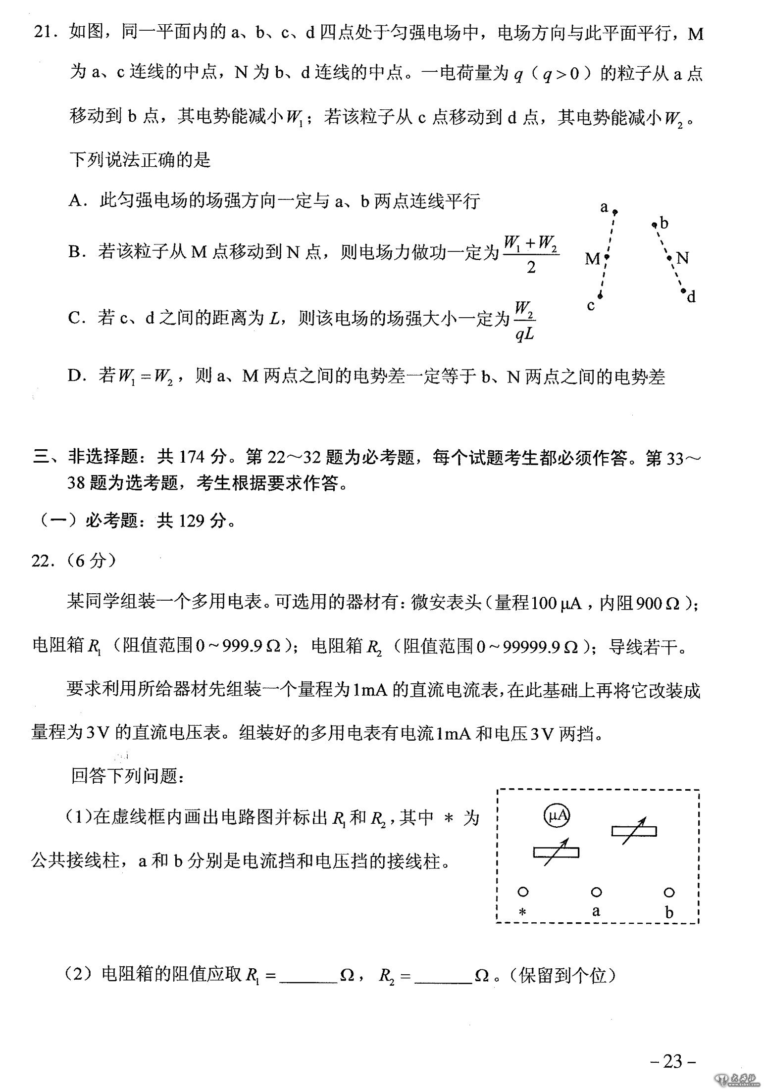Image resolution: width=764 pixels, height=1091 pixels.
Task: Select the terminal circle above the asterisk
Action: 523,892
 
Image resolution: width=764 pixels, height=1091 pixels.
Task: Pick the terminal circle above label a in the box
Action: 596,892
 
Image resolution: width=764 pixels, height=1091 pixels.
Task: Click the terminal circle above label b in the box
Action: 669,892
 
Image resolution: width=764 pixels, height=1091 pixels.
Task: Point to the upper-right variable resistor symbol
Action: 634,831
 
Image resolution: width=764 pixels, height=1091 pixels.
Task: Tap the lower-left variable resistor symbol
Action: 556,852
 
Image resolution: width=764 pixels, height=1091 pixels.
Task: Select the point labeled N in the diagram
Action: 669,258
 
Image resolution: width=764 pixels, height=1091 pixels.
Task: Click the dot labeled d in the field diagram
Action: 683,291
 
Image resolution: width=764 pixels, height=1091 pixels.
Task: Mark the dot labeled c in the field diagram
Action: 600,296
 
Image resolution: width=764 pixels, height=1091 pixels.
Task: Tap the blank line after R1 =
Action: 308,976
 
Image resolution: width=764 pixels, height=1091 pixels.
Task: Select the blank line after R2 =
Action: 443,976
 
